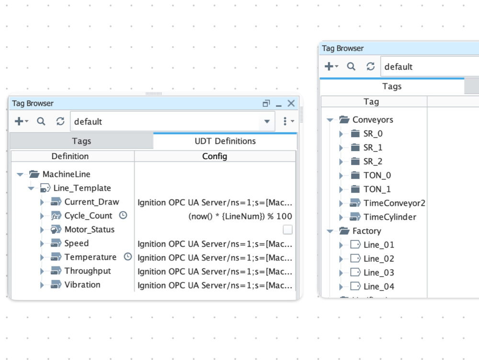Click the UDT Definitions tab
click(225, 141)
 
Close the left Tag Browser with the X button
click(291, 103)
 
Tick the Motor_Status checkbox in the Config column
click(287, 230)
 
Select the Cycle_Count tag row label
click(88, 216)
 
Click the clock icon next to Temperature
click(128, 257)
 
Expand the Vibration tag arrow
click(42, 285)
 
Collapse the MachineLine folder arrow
click(20, 174)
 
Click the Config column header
click(215, 156)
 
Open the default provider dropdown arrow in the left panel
click(267, 121)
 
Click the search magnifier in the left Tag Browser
click(41, 121)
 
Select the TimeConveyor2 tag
click(394, 203)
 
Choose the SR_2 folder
click(373, 162)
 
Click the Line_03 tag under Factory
click(379, 273)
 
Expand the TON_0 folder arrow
click(341, 175)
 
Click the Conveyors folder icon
click(344, 119)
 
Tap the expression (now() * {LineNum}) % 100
click(240, 216)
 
